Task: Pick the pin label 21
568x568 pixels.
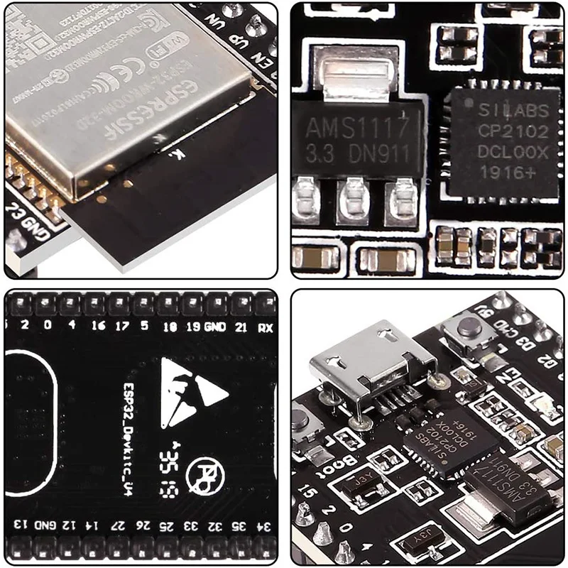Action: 241,327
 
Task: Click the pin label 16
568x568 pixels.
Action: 98,327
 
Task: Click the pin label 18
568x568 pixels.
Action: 170,327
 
